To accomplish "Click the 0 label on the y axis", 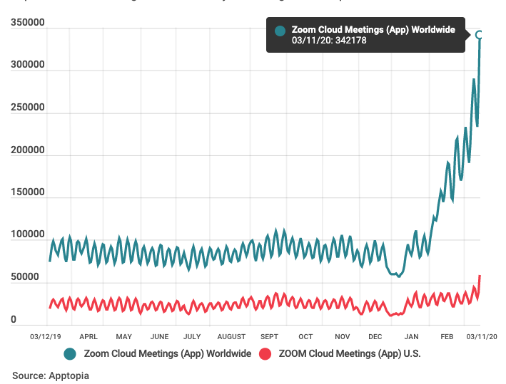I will pyautogui.click(x=14, y=320).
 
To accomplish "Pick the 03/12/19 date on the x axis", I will pyautogui.click(x=45, y=336).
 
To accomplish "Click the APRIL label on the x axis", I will pyautogui.click(x=88, y=336).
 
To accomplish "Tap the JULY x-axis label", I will pyautogui.click(x=192, y=336).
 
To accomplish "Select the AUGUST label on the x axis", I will pyautogui.click(x=231, y=336).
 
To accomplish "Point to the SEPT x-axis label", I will pyautogui.click(x=269, y=336).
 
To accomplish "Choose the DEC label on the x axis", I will pyautogui.click(x=375, y=336).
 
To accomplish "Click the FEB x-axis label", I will pyautogui.click(x=447, y=336).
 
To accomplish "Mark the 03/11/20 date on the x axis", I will pyautogui.click(x=481, y=336).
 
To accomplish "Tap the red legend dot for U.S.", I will pyautogui.click(x=265, y=354).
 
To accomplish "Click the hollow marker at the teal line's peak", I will pyautogui.click(x=480, y=35).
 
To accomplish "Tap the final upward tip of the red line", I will pyautogui.click(x=480, y=275).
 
